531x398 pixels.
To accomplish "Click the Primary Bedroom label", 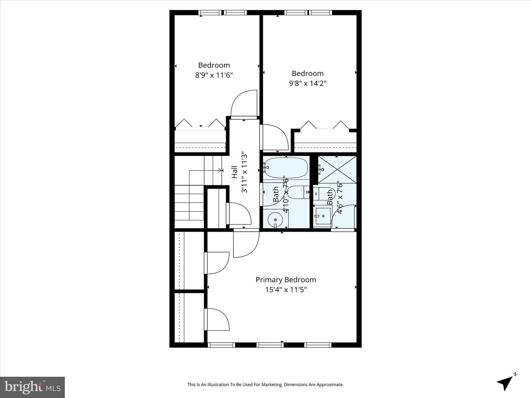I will pos(286,280).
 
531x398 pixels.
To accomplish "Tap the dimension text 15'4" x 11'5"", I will pos(286,290).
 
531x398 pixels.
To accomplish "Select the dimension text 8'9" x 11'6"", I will pos(214,75).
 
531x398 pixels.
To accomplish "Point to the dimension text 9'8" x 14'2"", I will pos(308,83).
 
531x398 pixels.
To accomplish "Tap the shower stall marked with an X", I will pos(337,169).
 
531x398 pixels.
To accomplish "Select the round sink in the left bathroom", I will pos(275,220).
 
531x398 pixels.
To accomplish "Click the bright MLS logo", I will pos(32,387).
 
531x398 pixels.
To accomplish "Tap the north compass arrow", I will pos(506,383).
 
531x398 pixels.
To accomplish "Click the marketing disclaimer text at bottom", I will pos(265,385).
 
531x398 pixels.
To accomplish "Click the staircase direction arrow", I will pos(221,170).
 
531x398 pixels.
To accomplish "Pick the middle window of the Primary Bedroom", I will pos(270,345).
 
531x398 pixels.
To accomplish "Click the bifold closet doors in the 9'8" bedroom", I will pos(324,126).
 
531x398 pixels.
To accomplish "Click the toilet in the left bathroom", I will pos(297,192).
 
